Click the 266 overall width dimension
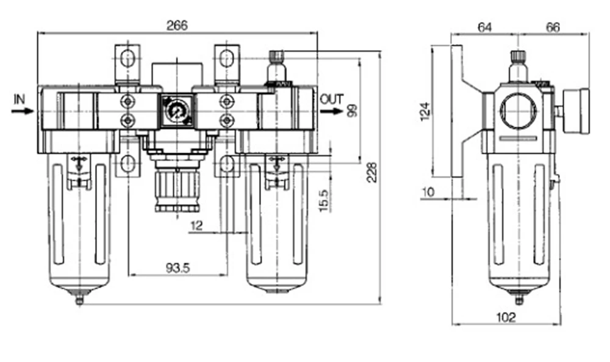click(177, 26)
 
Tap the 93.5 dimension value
click(178, 268)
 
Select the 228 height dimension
click(372, 172)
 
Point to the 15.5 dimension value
click(324, 201)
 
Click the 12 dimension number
click(197, 226)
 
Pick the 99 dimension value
click(352, 110)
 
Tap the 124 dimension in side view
click(426, 111)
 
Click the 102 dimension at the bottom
click(506, 317)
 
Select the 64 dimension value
click(485, 27)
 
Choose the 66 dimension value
click(553, 27)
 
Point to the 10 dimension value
click(428, 192)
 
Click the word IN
click(19, 100)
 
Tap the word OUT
click(332, 100)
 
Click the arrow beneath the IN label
click(23, 111)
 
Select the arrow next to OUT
click(331, 112)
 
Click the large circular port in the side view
click(518, 112)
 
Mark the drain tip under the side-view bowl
click(518, 300)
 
